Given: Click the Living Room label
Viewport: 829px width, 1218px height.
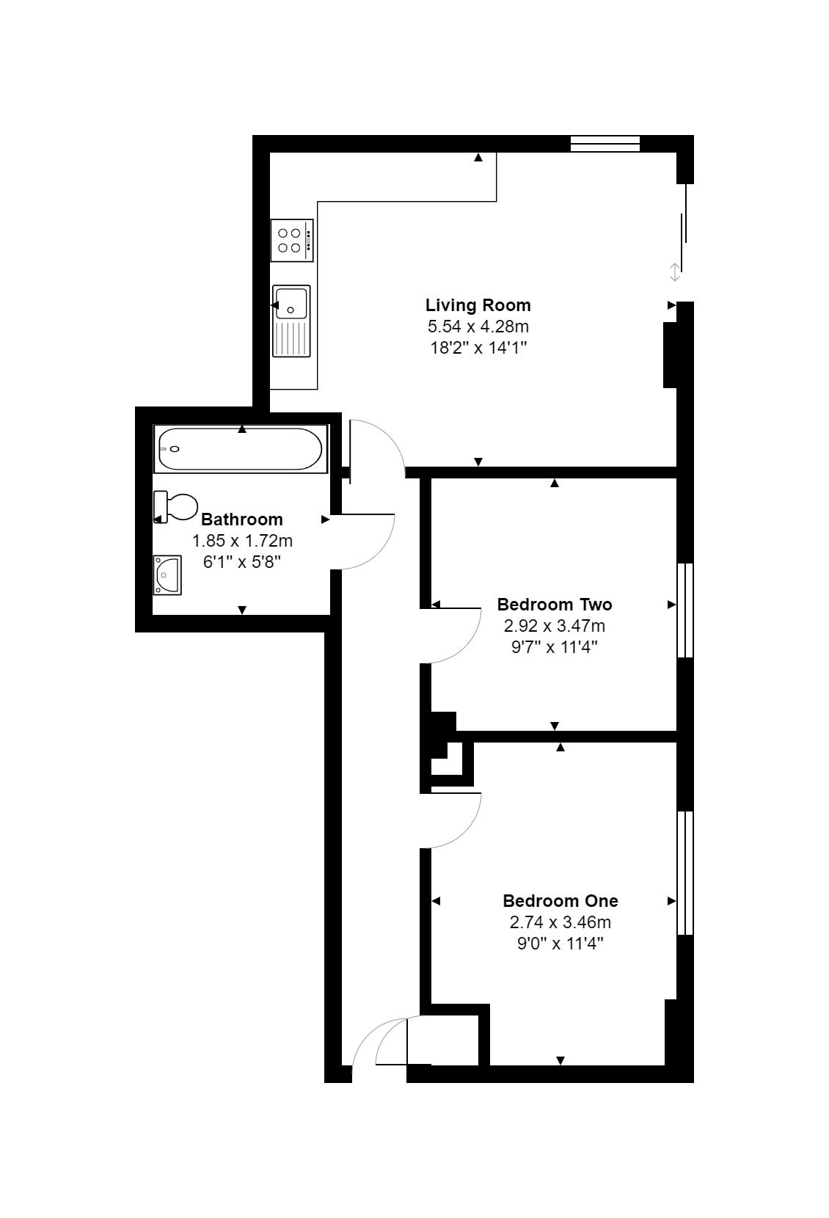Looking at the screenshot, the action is click(x=478, y=305).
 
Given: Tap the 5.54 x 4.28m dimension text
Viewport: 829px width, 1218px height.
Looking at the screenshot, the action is click(x=478, y=327).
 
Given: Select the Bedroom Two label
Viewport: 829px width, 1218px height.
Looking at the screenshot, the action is click(x=555, y=604).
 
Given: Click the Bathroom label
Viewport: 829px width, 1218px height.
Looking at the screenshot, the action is click(x=242, y=519).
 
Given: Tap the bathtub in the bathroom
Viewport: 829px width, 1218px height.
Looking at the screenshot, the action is click(x=241, y=448).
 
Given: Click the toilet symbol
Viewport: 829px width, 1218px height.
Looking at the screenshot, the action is click(x=175, y=507).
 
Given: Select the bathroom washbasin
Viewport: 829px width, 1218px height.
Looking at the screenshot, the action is click(x=167, y=575).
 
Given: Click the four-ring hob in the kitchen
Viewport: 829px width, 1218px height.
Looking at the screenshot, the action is click(x=292, y=241).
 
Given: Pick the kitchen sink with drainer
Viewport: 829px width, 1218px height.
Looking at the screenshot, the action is click(x=291, y=321).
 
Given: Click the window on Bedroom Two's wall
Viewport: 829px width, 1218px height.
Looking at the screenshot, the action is click(x=685, y=610).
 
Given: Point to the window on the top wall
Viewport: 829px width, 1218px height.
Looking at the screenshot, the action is click(x=605, y=144).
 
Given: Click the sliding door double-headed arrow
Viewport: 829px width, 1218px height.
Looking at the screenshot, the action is click(x=675, y=272).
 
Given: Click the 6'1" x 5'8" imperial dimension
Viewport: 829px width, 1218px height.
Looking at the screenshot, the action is click(x=242, y=562).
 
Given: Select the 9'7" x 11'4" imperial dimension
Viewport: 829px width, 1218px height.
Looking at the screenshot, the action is click(x=555, y=647).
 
